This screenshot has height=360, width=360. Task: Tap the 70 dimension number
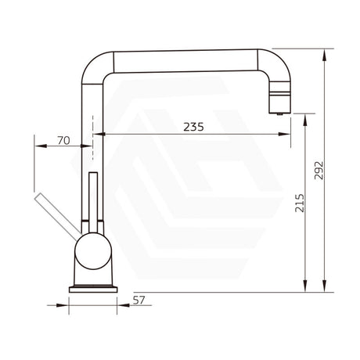(x=64, y=142)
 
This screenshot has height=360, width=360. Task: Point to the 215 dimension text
(x=301, y=206)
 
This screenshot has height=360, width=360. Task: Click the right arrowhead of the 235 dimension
(x=278, y=135)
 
